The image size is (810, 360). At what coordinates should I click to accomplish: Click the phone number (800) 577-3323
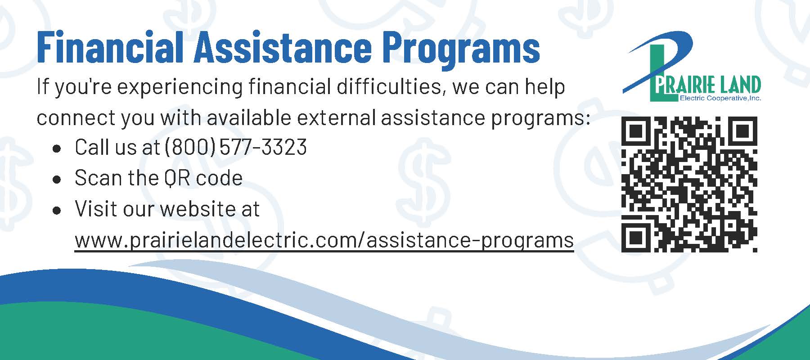tap(236, 147)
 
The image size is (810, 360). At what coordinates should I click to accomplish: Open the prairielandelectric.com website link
tap(324, 240)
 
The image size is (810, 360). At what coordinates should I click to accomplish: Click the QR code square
tap(689, 184)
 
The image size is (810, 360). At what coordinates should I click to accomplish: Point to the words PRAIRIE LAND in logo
tap(706, 85)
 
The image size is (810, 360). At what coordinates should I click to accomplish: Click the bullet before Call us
tap(57, 148)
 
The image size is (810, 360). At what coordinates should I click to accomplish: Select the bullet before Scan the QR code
tap(57, 179)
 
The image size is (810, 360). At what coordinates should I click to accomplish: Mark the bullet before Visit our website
tap(57, 210)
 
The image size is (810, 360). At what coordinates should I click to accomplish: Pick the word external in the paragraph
tap(336, 117)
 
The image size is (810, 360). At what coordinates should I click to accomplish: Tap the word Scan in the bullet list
tap(98, 178)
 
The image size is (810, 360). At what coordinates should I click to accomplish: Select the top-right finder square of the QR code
tap(742, 131)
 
